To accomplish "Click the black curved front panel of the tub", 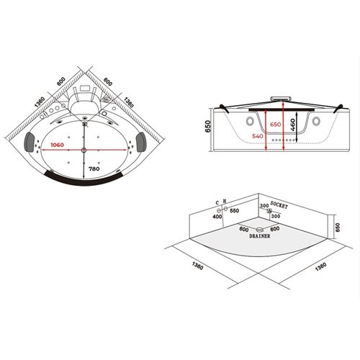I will coord(85,176).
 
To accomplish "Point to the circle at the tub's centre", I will coord(84,150).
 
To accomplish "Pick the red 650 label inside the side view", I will coord(274,124).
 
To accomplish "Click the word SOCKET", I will coord(281,205).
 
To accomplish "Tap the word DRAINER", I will coord(259,235).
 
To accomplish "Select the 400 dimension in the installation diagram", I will coord(217,216).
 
